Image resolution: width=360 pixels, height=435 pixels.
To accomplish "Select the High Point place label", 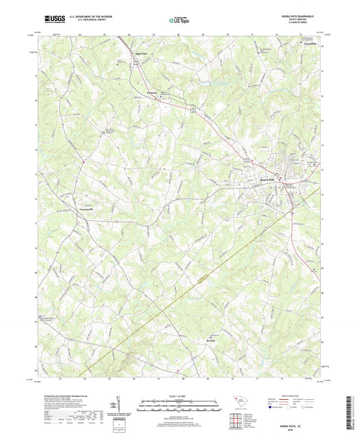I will (140, 53).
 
